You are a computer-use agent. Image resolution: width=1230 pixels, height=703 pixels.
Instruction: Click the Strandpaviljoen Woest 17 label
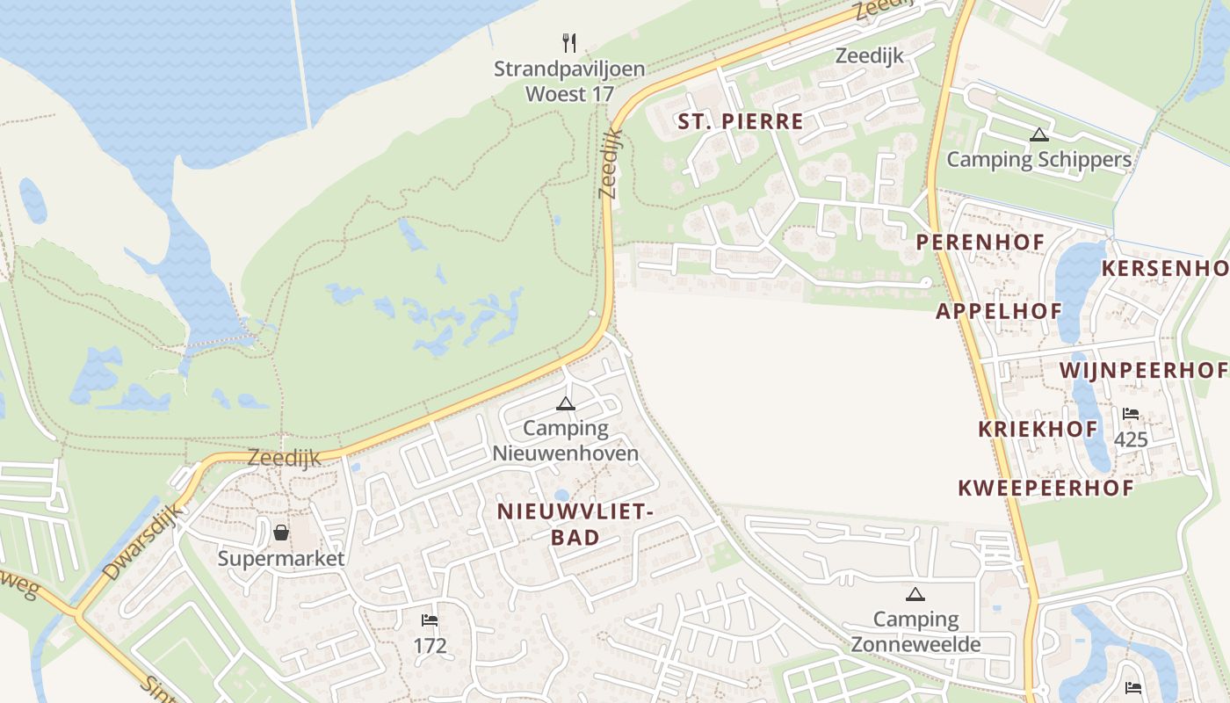[x=569, y=81]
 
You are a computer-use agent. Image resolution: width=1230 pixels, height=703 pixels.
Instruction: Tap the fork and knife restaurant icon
[x=569, y=42]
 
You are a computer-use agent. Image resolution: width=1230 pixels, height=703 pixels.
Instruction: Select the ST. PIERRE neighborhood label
[x=741, y=121]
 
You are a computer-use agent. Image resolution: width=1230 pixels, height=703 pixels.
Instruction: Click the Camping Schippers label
[x=1038, y=160]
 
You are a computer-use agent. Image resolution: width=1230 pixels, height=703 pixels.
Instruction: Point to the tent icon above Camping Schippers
[x=1039, y=135]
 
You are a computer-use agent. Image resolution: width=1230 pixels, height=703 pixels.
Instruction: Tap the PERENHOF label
[x=980, y=242]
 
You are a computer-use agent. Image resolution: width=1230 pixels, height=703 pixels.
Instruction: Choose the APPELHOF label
[x=999, y=310]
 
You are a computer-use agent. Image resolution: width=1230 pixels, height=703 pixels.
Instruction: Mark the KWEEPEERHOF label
[x=1045, y=488]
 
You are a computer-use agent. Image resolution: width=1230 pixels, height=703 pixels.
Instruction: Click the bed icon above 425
[x=1131, y=414]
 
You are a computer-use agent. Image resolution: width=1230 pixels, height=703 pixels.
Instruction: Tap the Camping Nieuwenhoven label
[x=565, y=441]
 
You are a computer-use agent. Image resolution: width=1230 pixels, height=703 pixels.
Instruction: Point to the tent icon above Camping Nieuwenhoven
[x=565, y=404]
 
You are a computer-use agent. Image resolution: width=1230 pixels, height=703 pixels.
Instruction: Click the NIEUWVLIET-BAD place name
[x=575, y=524]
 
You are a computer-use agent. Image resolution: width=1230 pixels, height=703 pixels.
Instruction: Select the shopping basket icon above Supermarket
[x=281, y=533]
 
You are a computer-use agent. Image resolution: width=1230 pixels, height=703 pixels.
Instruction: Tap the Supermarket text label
[x=281, y=558]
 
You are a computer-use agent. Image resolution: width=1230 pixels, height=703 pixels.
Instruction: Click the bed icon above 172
[x=430, y=621]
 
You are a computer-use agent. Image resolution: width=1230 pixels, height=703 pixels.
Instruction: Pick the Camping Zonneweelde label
[x=915, y=632]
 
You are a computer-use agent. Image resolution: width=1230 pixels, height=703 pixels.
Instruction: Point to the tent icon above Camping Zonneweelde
[x=915, y=595]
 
